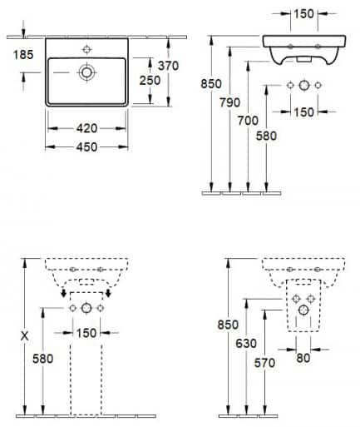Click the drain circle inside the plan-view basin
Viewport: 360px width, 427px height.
pyautogui.click(x=86, y=72)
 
